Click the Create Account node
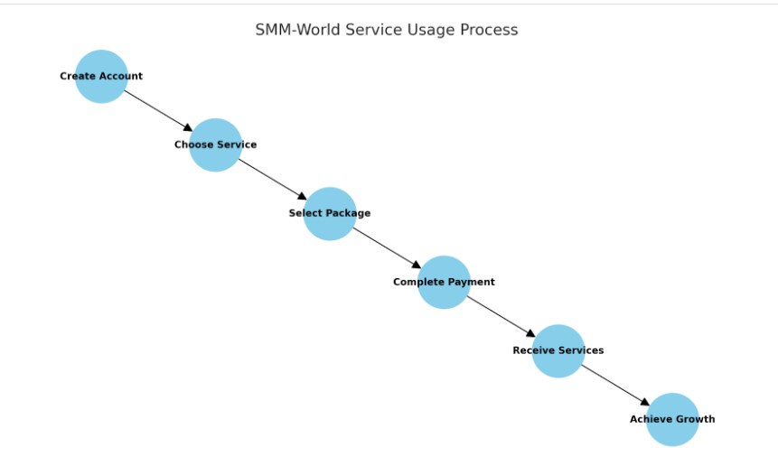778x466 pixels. click(x=101, y=77)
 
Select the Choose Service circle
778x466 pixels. click(x=215, y=144)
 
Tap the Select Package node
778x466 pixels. click(x=330, y=213)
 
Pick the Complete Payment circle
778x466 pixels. click(x=444, y=282)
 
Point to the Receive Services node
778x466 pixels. click(x=558, y=350)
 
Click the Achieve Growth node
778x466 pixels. click(x=672, y=419)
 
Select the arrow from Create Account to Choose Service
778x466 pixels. click(x=158, y=110)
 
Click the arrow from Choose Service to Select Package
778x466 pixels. click(x=272, y=179)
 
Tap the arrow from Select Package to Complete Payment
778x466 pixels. click(x=387, y=247)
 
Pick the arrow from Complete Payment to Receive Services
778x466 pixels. click(x=501, y=316)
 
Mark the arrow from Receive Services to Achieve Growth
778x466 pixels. click(x=615, y=385)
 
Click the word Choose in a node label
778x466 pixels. click(x=193, y=144)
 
